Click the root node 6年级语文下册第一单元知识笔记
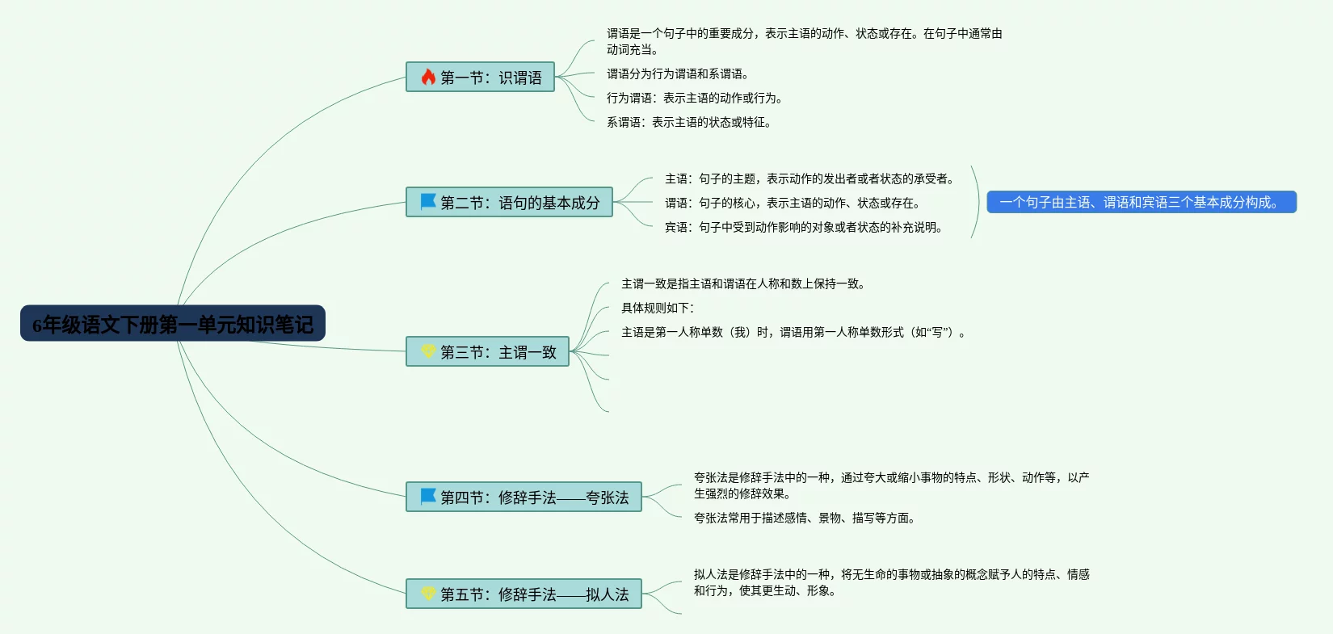click(173, 324)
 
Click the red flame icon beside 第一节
click(428, 77)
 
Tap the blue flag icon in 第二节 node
click(428, 201)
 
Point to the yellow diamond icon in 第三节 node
click(428, 351)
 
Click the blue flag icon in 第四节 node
click(428, 496)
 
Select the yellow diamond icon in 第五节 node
click(428, 594)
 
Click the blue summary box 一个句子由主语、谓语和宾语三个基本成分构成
click(1141, 202)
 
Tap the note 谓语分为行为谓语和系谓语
click(677, 73)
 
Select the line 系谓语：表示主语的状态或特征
click(688, 122)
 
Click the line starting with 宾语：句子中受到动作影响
click(803, 227)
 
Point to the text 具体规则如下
click(657, 308)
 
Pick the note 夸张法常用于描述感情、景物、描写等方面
click(804, 518)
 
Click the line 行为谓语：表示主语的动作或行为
click(694, 98)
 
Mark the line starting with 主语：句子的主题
click(809, 178)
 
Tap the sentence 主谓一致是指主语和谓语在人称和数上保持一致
click(742, 283)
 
